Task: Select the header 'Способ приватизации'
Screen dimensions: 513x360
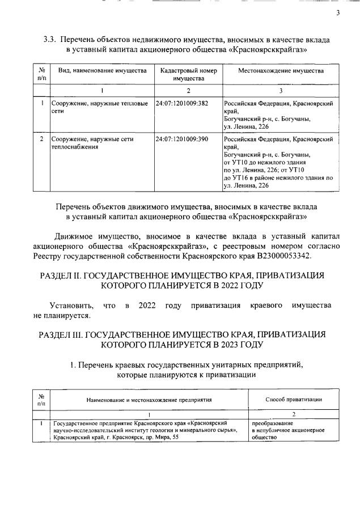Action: [294, 400]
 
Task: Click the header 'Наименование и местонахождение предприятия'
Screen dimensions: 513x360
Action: [149, 400]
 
